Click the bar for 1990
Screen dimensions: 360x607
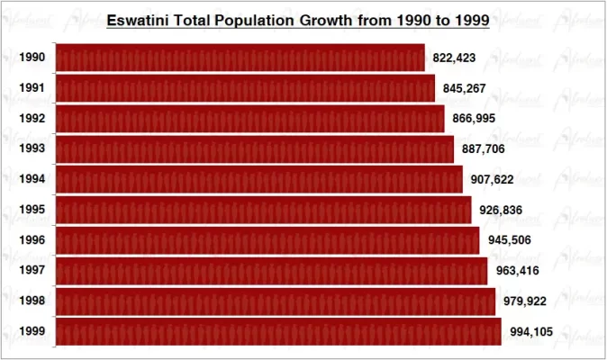240,58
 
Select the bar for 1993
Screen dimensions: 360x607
254,149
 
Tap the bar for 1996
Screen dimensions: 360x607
267,240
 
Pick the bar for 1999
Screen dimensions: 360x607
277,331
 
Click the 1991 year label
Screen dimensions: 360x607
32,88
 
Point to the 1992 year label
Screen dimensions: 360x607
32,119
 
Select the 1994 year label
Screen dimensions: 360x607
32,179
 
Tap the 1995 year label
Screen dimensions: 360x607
32,210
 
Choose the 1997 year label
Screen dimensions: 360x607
32,271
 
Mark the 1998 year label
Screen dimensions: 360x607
32,301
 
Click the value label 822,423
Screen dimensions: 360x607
454,58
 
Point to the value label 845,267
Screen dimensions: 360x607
464,88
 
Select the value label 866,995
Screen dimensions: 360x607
474,119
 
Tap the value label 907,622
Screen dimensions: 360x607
492,179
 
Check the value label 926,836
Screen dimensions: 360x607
501,210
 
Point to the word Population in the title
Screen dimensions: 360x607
249,19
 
